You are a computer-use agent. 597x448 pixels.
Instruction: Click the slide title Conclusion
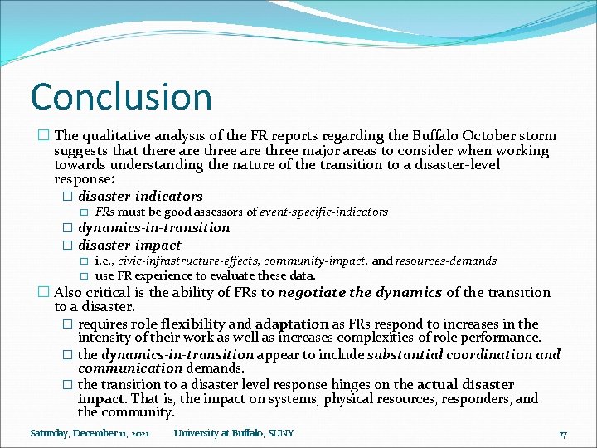121,96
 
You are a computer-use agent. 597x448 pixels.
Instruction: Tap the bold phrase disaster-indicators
140,196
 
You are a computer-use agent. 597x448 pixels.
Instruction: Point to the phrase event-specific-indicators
324,212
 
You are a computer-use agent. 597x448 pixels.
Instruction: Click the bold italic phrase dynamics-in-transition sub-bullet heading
153,227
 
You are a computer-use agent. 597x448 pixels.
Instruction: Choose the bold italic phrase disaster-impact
129,245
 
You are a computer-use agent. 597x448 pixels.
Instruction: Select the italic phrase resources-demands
446,261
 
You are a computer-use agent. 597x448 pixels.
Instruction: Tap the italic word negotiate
309,292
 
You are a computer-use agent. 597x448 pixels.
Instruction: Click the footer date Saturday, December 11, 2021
90,433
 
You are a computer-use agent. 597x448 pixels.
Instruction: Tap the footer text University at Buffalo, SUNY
234,433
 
